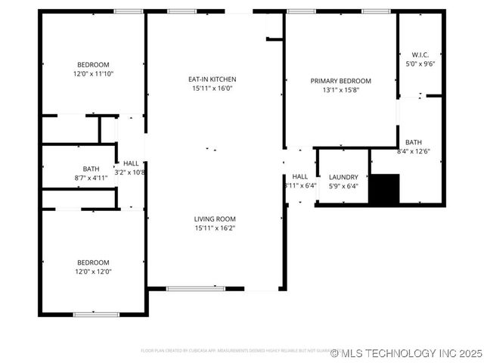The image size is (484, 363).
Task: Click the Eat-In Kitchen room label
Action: pyautogui.click(x=213, y=79)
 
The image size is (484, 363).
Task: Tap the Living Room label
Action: pyautogui.click(x=215, y=219)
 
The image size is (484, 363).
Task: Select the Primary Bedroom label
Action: pyautogui.click(x=340, y=81)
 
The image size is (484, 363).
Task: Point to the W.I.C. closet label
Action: pyautogui.click(x=420, y=55)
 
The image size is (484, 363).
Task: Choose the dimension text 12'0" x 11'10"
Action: pyautogui.click(x=93, y=74)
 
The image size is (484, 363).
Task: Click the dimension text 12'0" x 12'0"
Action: pyautogui.click(x=93, y=271)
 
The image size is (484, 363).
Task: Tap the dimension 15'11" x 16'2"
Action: pyautogui.click(x=215, y=228)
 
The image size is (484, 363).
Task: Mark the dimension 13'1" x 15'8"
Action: pyautogui.click(x=340, y=90)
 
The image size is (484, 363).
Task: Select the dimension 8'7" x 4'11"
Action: pyautogui.click(x=91, y=178)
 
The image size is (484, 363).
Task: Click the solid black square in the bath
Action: pyautogui.click(x=383, y=189)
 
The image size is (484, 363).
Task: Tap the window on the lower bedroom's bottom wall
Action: pyautogui.click(x=95, y=314)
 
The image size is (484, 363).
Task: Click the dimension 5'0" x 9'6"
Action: pyautogui.click(x=420, y=64)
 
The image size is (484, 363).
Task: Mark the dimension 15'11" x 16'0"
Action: pyautogui.click(x=213, y=88)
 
